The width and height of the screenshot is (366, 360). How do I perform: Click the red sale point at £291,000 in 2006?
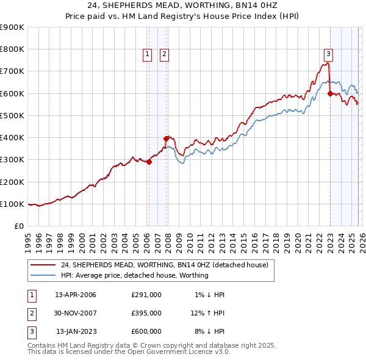click(149, 162)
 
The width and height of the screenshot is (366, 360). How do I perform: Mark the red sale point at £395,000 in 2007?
click(166, 139)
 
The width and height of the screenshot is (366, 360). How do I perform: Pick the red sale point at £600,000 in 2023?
click(330, 93)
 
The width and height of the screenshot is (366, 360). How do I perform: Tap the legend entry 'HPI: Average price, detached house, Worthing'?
click(134, 275)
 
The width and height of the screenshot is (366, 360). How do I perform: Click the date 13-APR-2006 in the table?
click(76, 295)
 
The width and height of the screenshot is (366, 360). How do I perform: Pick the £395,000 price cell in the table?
click(146, 313)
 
